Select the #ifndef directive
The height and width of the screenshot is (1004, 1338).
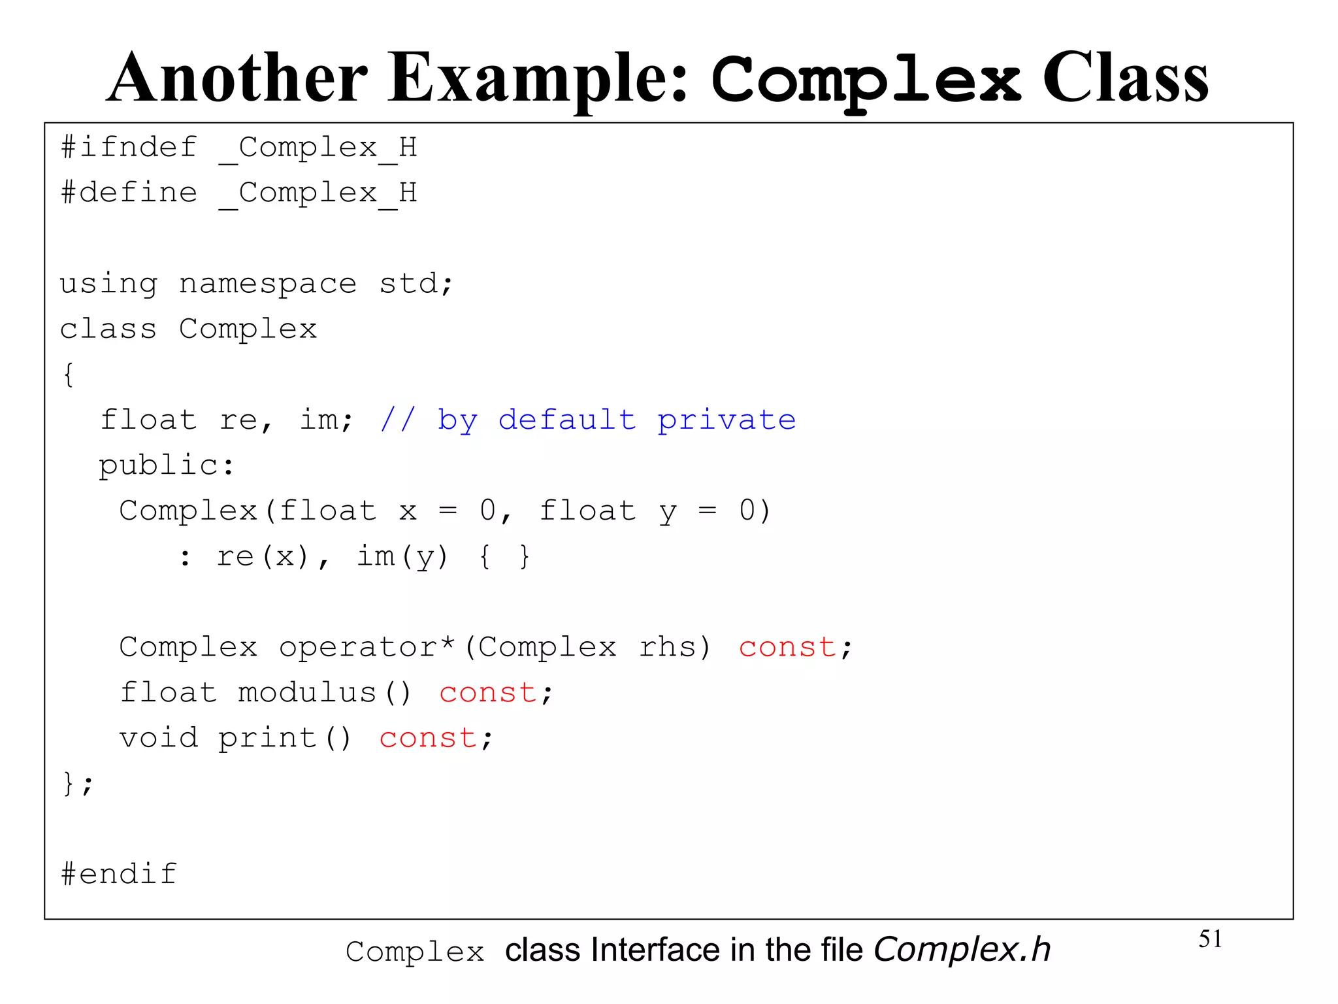point(129,147)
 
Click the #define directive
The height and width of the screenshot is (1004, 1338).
point(129,193)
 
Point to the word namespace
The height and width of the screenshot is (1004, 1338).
point(268,284)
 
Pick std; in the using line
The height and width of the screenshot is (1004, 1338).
point(416,284)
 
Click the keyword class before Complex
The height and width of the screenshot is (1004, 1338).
point(108,329)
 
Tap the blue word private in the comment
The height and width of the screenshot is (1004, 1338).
point(726,420)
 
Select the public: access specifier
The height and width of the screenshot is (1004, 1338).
point(166,465)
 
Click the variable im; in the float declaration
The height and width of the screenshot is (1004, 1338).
point(326,420)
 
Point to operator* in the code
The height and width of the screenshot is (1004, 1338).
point(367,647)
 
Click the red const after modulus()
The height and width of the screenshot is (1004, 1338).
point(487,693)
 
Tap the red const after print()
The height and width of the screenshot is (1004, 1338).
point(428,738)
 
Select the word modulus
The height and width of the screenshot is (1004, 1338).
point(307,693)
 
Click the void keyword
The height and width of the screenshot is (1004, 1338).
point(159,738)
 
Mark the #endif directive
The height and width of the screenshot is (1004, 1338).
point(119,874)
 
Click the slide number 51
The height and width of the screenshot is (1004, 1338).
point(1210,939)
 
